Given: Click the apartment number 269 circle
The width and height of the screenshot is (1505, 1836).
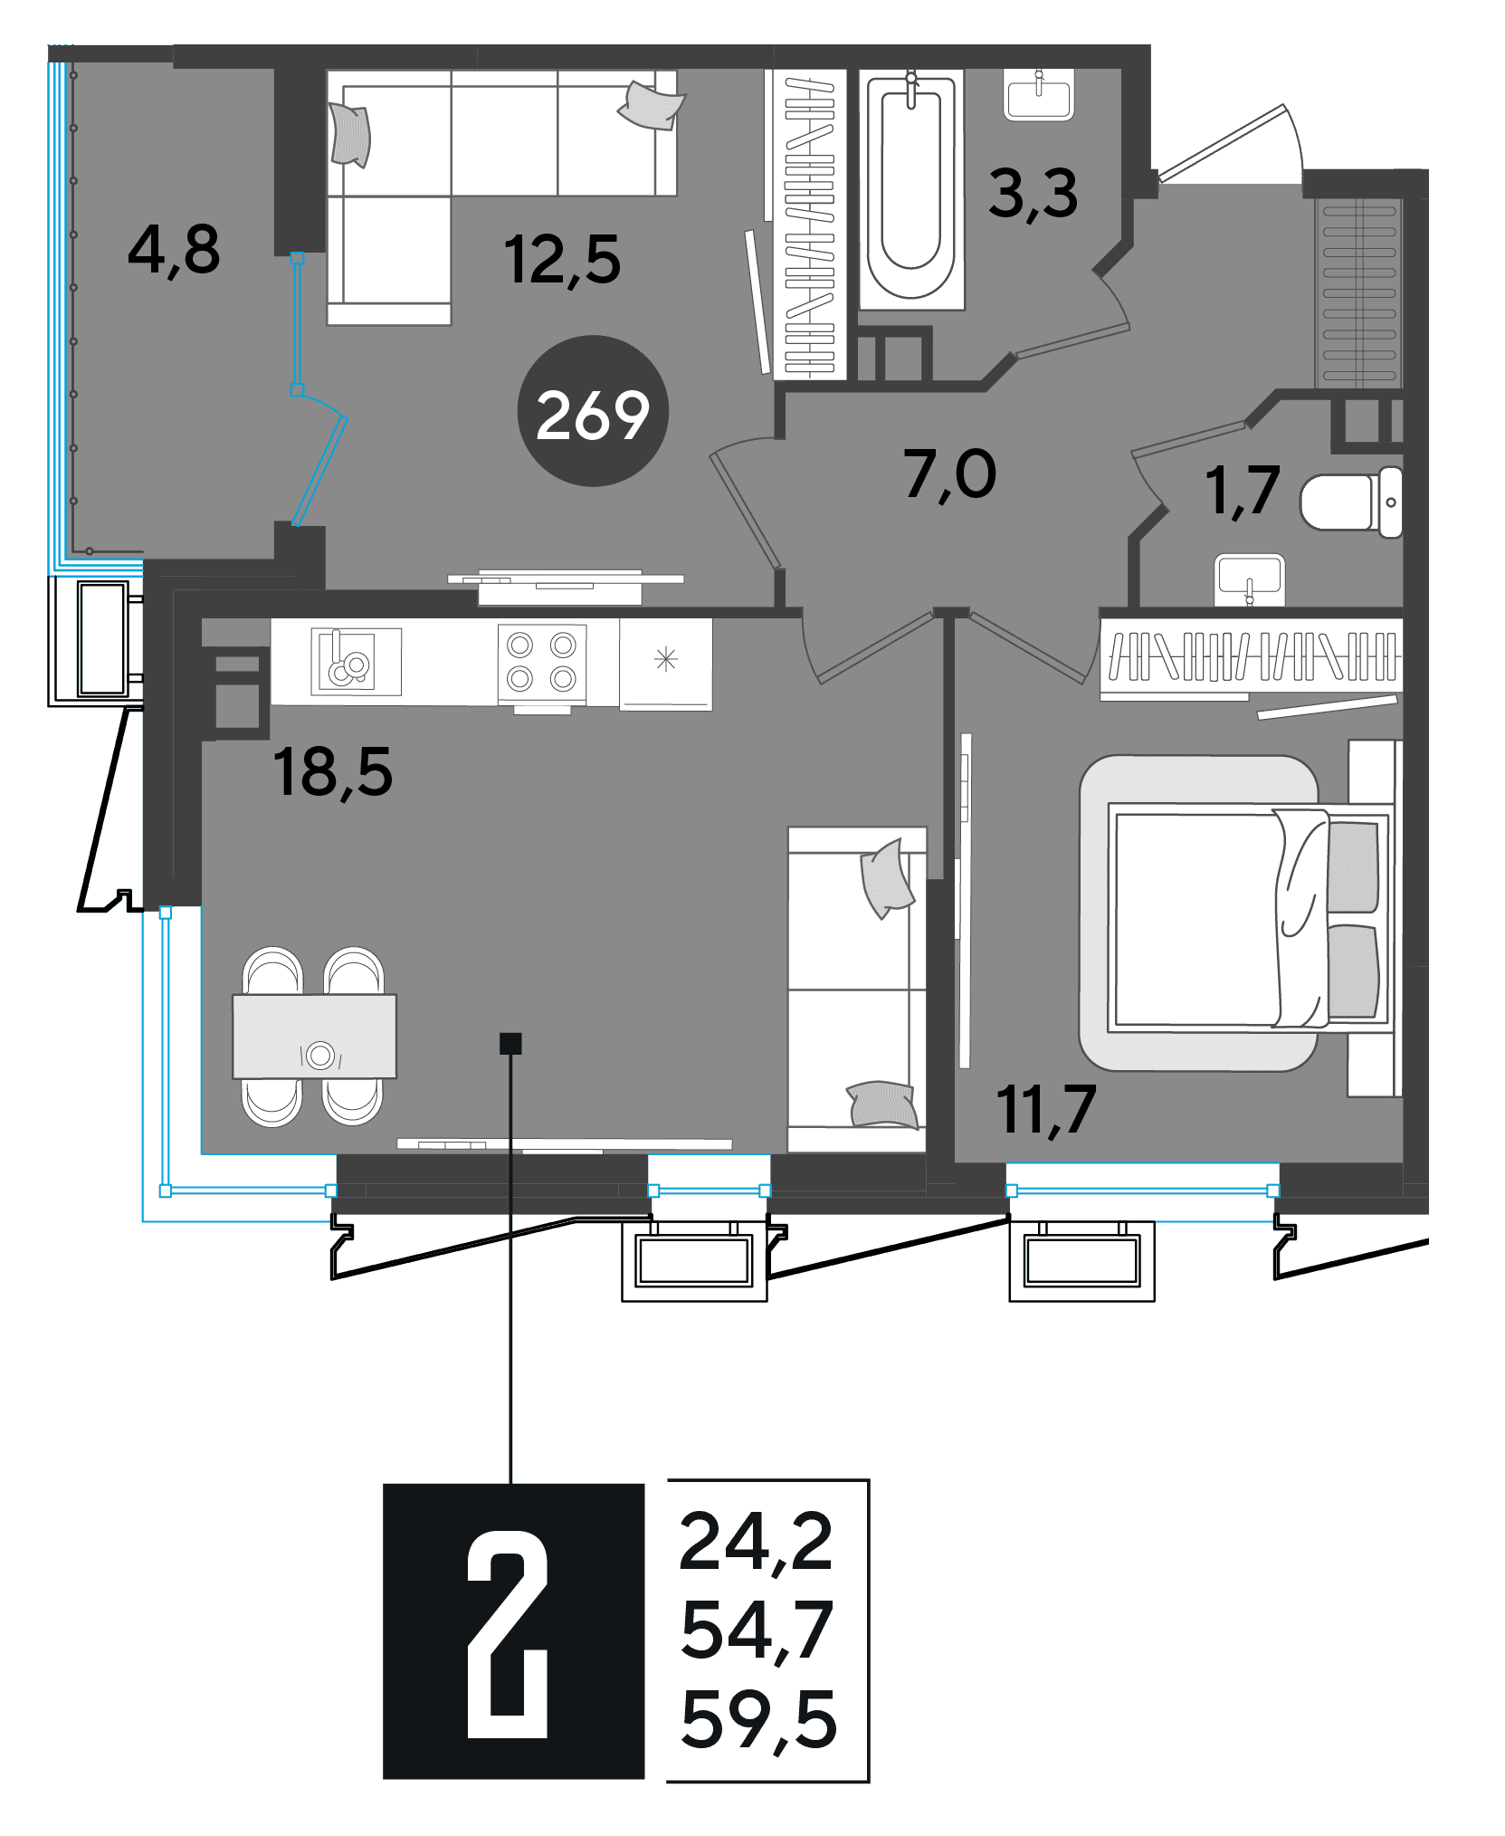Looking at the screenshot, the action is click(593, 411).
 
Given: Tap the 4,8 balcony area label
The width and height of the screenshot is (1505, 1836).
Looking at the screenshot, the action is click(174, 250).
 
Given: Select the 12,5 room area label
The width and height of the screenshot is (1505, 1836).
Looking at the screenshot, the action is click(562, 260).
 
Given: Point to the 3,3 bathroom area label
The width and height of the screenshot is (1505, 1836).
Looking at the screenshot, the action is click(1033, 194).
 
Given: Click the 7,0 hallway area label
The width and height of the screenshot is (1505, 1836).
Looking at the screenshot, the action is click(949, 474).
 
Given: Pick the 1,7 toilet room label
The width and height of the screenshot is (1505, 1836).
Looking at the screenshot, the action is click(1243, 491).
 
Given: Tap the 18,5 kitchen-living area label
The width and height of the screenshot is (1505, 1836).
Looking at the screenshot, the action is click(333, 772).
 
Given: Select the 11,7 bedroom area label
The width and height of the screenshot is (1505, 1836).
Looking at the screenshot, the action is click(1046, 1110).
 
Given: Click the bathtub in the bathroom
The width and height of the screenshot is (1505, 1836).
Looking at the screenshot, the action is click(910, 190).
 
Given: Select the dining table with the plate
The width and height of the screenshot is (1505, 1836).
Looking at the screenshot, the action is click(314, 1037).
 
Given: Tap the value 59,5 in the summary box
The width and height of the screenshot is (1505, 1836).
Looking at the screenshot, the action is click(758, 1720).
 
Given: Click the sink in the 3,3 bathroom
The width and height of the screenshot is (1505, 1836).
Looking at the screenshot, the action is click(1039, 94).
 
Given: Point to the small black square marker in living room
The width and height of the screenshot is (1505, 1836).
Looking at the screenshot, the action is click(510, 1044).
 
